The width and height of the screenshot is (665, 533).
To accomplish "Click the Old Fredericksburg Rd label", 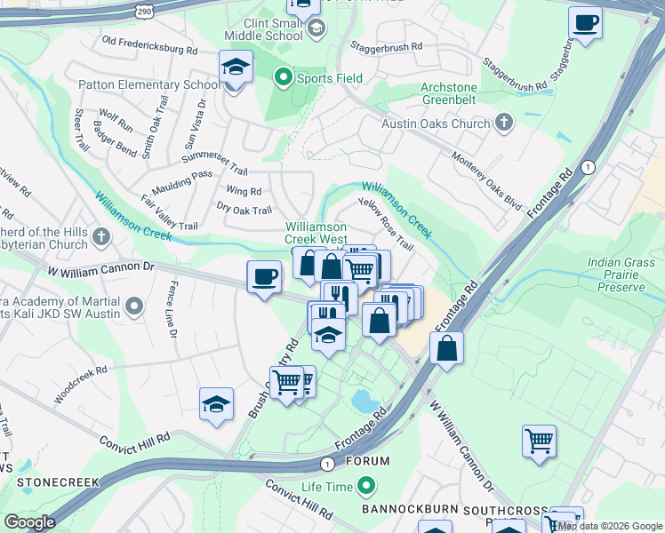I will [149, 45].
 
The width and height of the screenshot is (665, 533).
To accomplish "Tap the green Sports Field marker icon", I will [284, 78].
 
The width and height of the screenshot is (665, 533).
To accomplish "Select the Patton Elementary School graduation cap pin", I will [236, 68].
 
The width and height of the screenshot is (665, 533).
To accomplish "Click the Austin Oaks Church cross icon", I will [504, 123].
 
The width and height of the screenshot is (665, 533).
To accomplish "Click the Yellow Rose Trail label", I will [386, 224].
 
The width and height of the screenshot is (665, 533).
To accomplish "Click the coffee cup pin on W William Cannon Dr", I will [264, 277].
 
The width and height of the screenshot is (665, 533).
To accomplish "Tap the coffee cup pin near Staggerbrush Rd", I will [585, 24].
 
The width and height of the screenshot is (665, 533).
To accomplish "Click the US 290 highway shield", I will [146, 9].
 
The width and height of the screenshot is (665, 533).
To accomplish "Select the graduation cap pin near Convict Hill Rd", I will [216, 405].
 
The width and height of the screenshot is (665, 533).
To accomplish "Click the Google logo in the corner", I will [29, 522].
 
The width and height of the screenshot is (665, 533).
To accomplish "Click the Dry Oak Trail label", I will [244, 210].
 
